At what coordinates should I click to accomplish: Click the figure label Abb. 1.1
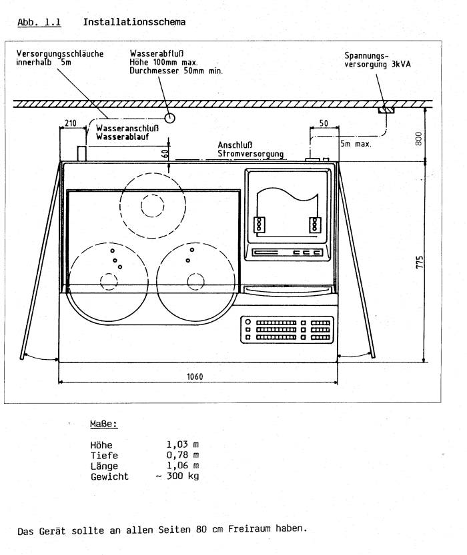pos(39,23)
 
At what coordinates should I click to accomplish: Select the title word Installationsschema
pos(134,23)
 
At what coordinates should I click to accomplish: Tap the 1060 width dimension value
pos(195,376)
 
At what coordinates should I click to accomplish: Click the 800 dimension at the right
pos(418,138)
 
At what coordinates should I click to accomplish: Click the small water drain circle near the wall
pos(170,118)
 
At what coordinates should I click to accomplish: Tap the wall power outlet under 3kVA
pos(386,109)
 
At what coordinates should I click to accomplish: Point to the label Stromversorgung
pos(250,154)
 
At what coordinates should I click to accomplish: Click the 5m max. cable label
pos(356,143)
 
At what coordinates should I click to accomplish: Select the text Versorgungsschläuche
pos(59,54)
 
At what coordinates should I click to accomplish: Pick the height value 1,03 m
pos(182,444)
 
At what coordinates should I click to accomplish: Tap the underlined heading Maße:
pos(104,424)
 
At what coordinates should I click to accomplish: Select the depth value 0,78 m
pos(182,455)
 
